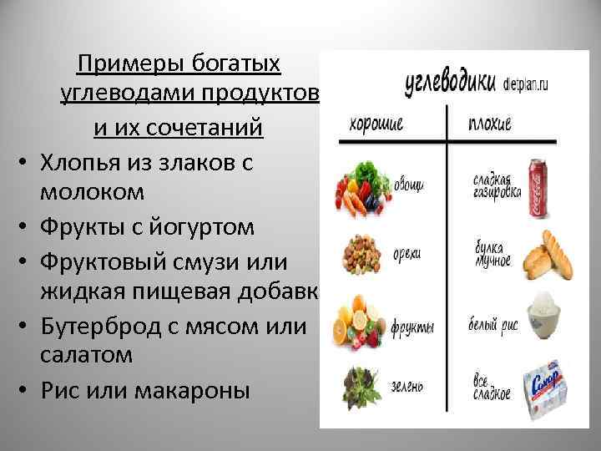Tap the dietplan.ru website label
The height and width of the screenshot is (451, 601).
tap(531, 84)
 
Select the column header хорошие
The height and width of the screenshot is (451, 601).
tap(376, 124)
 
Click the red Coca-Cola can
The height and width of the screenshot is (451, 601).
tap(540, 186)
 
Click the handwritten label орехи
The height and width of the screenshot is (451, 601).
tap(407, 251)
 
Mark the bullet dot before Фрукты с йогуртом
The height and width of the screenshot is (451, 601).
tap(27, 227)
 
